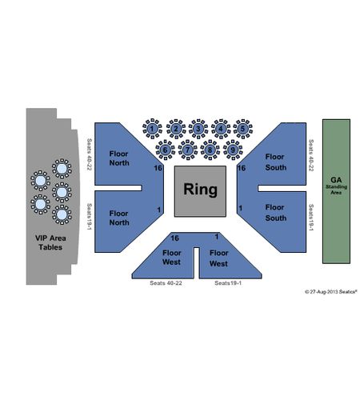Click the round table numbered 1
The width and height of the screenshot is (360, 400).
click(x=152, y=129)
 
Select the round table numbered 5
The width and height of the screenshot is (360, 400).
click(x=243, y=129)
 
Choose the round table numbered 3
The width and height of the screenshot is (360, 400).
click(x=198, y=129)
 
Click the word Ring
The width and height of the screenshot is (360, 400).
click(x=200, y=190)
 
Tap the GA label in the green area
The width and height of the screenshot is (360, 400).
click(x=336, y=180)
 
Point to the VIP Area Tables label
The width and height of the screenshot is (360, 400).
click(x=50, y=242)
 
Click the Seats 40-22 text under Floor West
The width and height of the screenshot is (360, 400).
click(x=166, y=283)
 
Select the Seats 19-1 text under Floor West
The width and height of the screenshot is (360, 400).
click(x=228, y=283)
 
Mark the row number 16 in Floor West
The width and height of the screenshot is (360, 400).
click(x=174, y=238)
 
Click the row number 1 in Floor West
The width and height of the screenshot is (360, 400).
click(x=217, y=237)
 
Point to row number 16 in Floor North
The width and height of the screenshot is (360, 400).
click(x=158, y=168)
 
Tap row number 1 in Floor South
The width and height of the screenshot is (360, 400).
click(x=241, y=208)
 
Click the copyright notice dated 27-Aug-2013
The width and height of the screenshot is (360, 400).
click(x=331, y=292)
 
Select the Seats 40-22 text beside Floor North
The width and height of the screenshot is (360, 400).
click(x=90, y=154)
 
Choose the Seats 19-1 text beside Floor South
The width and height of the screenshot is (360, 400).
click(x=311, y=218)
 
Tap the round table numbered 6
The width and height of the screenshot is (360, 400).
click(x=166, y=150)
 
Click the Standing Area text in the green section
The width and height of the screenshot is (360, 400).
click(x=336, y=190)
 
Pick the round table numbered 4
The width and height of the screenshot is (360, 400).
click(x=221, y=129)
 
